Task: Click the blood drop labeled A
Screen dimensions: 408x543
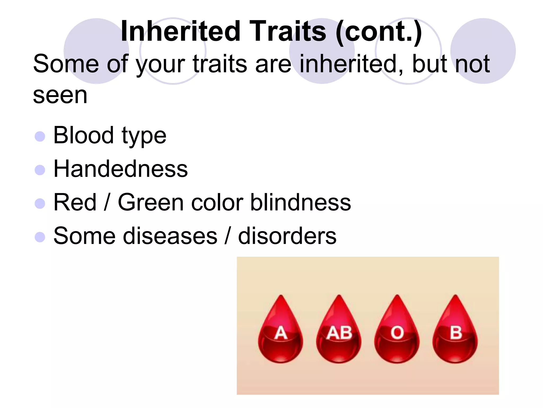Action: (x=281, y=332)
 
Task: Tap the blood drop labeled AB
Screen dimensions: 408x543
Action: (x=339, y=332)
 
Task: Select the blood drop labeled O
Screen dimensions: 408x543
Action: (x=397, y=332)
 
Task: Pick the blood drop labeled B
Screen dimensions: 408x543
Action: (x=455, y=332)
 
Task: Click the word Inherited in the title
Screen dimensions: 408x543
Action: (x=181, y=31)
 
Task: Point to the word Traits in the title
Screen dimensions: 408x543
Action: (x=287, y=31)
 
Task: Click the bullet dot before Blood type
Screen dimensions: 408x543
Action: (x=40, y=137)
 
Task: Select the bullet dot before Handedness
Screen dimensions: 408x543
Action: (x=40, y=170)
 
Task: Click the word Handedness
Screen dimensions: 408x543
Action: (x=121, y=169)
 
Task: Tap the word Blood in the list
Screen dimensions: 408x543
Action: (x=84, y=135)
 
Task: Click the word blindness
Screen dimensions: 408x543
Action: (x=300, y=202)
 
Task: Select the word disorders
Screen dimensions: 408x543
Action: (x=287, y=236)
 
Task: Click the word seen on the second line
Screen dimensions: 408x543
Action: (x=60, y=96)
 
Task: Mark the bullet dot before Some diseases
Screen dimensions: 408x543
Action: (x=40, y=237)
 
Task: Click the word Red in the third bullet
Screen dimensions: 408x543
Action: (x=75, y=202)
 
